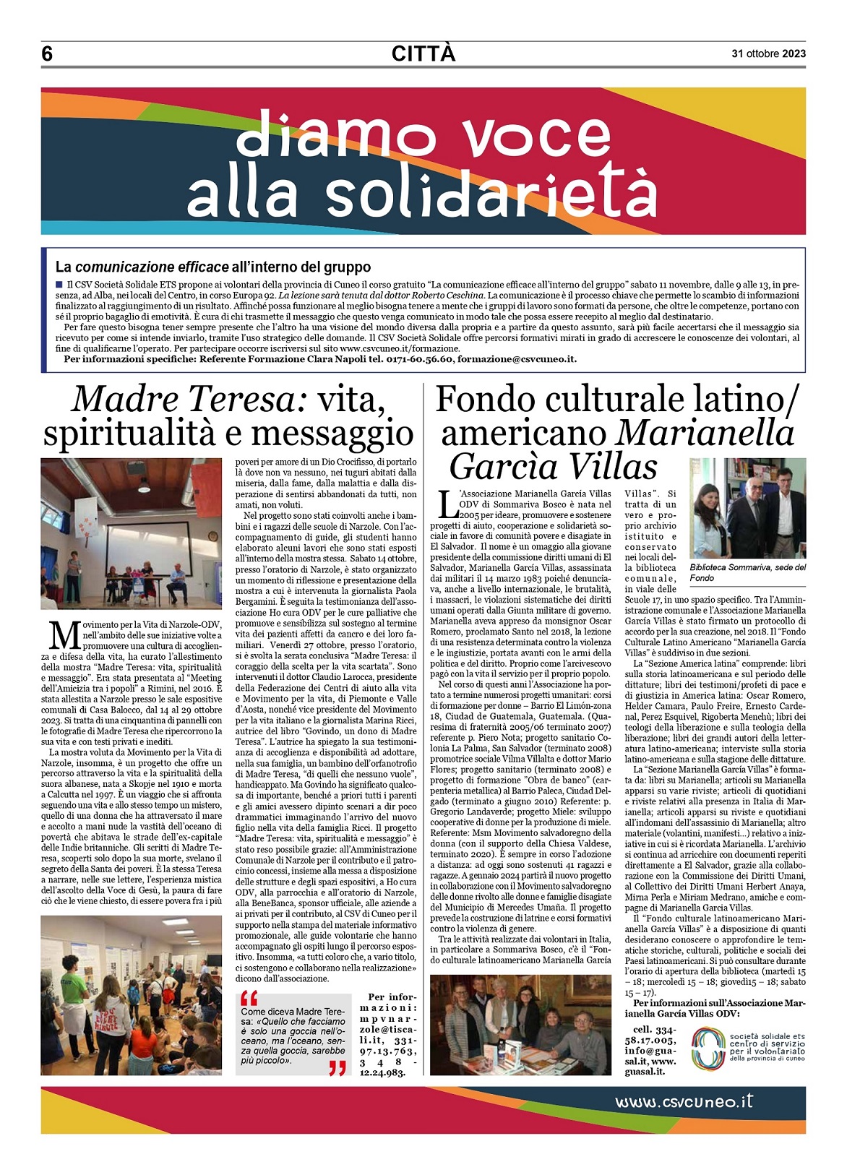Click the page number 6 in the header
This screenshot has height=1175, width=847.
[x=48, y=54]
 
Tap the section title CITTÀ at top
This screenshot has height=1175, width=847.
[x=423, y=53]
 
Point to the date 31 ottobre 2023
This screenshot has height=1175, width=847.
[x=768, y=53]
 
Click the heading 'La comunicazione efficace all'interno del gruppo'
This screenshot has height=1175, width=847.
[x=212, y=267]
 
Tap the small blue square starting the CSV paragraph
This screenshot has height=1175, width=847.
[x=59, y=284]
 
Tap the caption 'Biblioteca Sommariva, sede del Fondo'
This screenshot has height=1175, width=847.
[x=747, y=572]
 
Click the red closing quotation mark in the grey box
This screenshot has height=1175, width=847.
[x=337, y=1068]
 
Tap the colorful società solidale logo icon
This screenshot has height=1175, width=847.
[x=708, y=1048]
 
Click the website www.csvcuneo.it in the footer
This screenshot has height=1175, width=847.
[x=684, y=1101]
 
